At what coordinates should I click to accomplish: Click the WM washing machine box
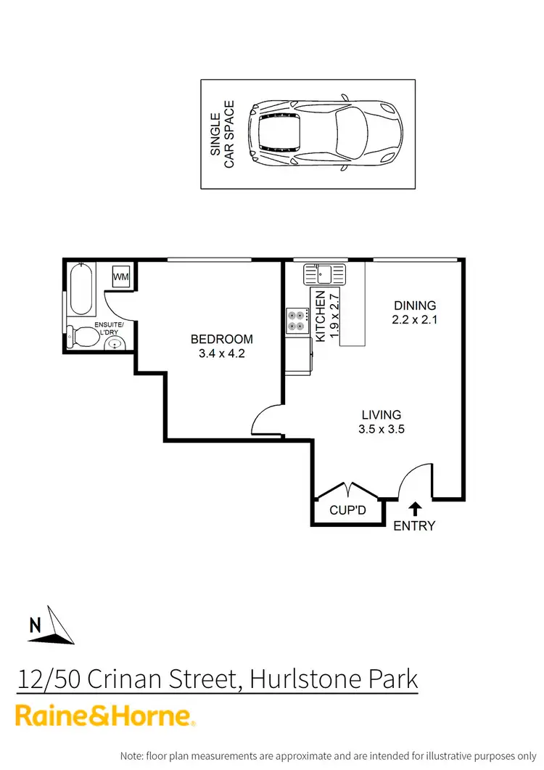coord(121,277)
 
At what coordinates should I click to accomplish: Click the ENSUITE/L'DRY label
coord(108,329)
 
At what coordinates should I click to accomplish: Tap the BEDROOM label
coord(222,339)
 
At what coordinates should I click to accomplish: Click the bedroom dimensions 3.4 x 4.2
coord(222,355)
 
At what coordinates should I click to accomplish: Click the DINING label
coord(415,306)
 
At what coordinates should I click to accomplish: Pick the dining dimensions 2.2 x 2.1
coord(415,319)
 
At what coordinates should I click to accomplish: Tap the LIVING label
coord(381,414)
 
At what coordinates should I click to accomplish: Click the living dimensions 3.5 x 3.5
coord(381,429)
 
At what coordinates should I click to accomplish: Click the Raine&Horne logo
coord(106,716)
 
